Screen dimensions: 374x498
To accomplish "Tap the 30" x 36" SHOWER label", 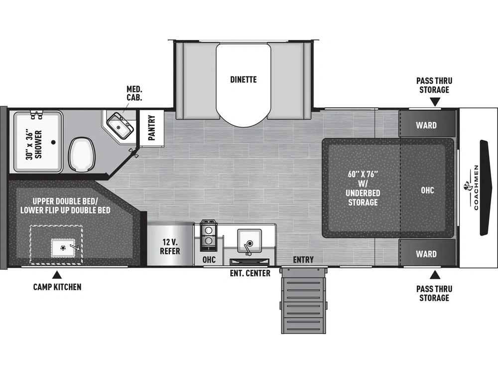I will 33,144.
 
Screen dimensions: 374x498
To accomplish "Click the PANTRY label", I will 151,128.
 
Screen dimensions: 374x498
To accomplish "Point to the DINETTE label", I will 244,79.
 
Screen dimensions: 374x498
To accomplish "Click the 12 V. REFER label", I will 170,246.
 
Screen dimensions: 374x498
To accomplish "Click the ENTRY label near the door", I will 303,259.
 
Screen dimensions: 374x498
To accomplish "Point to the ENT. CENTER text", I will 250,273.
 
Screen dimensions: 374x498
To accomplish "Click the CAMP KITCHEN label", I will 57,287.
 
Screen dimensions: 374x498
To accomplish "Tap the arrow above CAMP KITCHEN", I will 57,274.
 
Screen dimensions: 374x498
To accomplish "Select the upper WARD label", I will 426,125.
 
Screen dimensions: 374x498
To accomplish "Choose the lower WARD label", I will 426,254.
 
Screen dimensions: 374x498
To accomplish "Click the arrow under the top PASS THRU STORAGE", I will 435,102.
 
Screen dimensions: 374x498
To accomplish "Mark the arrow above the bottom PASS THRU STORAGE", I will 435,274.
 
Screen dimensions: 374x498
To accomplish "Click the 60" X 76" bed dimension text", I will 363,175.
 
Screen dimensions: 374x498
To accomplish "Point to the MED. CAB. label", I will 134,93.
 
